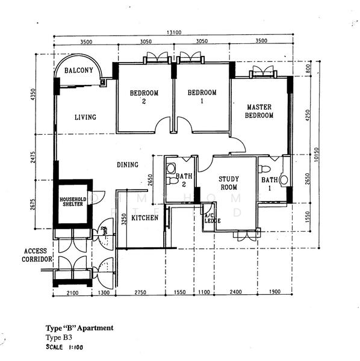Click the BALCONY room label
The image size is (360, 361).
tap(79, 70)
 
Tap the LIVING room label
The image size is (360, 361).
tap(85, 117)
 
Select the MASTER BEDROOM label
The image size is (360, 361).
tap(259, 111)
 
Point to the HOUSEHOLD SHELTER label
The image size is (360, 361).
tap(73, 202)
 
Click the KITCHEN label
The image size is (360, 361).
tap(145, 218)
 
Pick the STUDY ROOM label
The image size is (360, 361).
tap(229, 183)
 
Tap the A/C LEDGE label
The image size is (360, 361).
tap(213, 218)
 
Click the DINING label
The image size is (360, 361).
tap(128, 165)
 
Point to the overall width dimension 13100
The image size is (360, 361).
tap(174, 34)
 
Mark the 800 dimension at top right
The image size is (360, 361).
tap(307, 69)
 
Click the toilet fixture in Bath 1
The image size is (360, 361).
tap(284, 179)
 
